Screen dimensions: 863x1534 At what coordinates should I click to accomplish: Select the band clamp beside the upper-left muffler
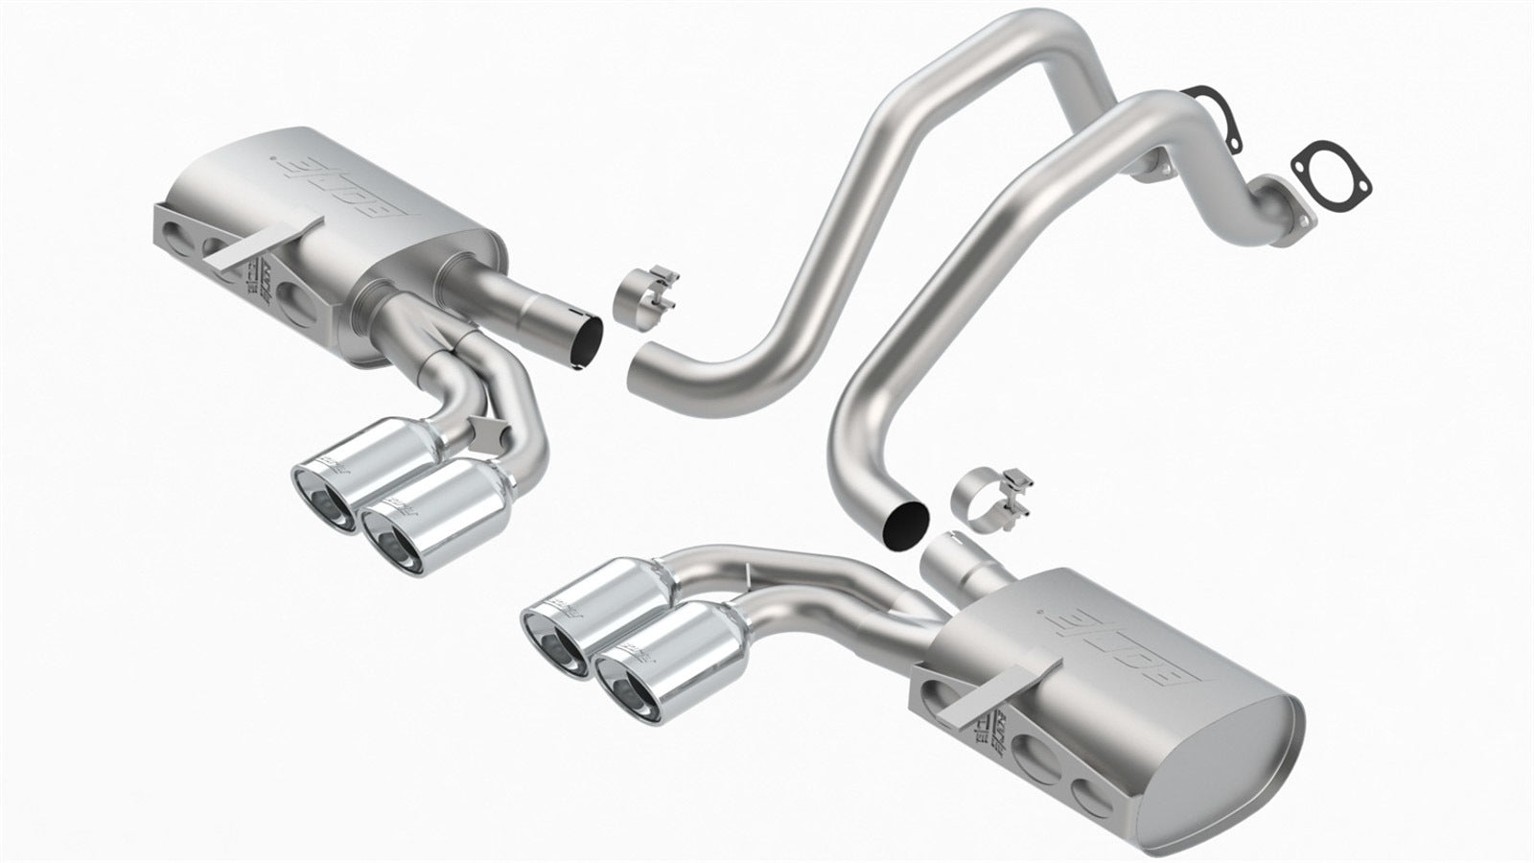point(653,289)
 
